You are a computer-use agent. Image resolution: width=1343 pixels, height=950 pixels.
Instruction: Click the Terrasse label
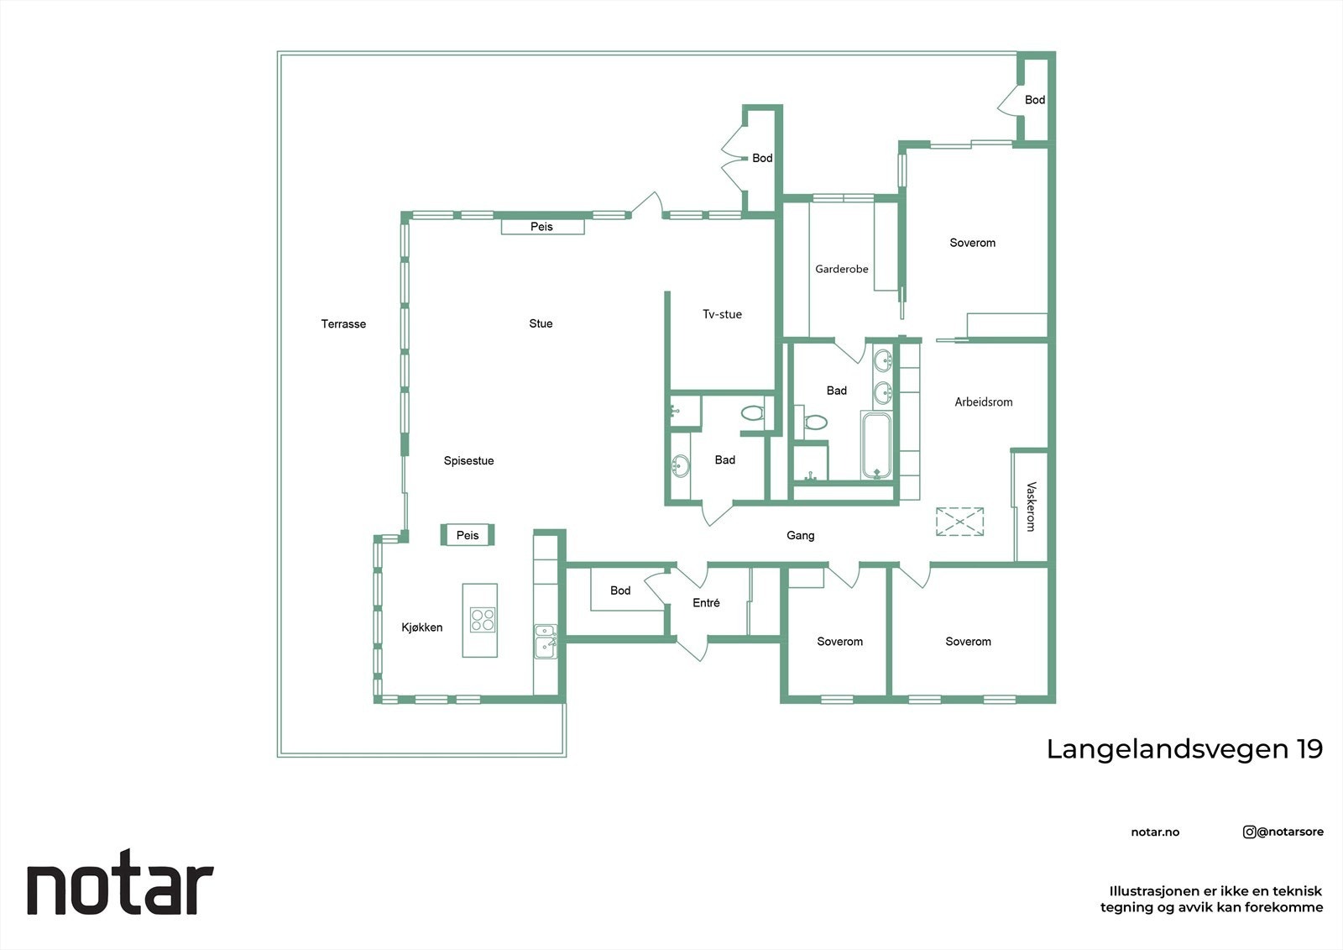tap(343, 324)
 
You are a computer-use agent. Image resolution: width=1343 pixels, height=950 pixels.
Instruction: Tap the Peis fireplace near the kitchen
tap(468, 535)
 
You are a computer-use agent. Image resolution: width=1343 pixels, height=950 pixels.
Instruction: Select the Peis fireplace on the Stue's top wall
tap(542, 227)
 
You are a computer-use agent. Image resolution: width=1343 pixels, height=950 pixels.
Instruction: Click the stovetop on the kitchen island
tap(483, 620)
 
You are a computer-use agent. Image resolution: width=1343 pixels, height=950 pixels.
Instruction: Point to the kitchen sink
tap(546, 641)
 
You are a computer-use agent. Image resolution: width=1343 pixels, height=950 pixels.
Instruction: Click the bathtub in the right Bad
tap(877, 446)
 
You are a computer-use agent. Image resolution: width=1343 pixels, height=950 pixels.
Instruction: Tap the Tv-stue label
tap(722, 314)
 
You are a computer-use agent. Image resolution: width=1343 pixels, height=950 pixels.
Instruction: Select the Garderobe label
tap(841, 270)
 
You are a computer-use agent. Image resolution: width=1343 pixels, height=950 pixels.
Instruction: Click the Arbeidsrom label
tap(983, 402)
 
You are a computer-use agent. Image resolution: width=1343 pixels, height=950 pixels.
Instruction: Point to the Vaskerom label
tap(1031, 506)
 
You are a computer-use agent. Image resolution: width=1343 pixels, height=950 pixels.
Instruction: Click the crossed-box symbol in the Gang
tap(959, 522)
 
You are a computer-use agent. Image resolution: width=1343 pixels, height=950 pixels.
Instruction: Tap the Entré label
tap(706, 603)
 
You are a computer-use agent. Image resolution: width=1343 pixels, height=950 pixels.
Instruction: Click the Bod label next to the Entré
tap(620, 590)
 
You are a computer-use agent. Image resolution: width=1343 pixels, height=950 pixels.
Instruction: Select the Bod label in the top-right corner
tap(1034, 100)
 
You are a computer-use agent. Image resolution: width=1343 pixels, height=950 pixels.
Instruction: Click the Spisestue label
tap(468, 461)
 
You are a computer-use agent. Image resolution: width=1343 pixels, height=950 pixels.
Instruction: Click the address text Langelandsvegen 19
tap(1184, 748)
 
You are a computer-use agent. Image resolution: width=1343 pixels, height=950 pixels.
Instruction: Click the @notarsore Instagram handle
tap(1283, 832)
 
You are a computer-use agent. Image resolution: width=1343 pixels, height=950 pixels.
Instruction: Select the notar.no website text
tap(1155, 832)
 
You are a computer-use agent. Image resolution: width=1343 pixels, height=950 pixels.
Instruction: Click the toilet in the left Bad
tap(753, 412)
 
